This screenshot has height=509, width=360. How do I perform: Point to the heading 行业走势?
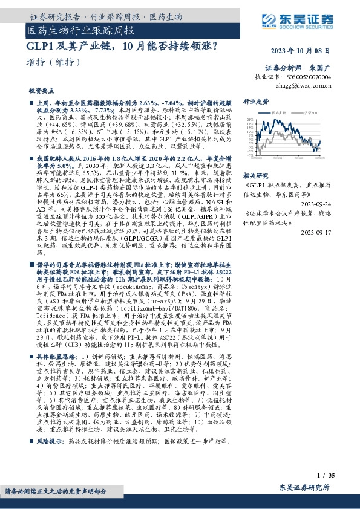coord(256,102)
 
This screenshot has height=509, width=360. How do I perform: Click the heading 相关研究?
coord(256,173)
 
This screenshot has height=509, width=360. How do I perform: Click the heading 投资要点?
coord(41,90)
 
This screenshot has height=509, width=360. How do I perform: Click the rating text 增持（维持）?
coord(54,62)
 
